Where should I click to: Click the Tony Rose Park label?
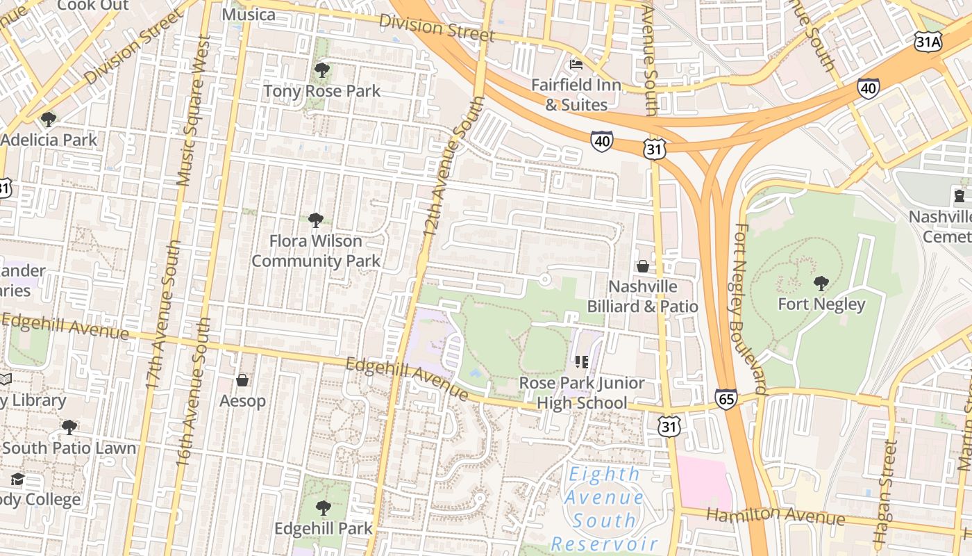coord(321,91)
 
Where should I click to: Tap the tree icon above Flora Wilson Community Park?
coord(316,220)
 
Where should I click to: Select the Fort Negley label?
coord(821,304)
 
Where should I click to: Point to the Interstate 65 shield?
coord(726,399)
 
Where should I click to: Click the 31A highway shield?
coord(928,42)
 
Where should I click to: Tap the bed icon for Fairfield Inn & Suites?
coord(576,65)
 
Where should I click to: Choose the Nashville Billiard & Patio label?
coord(642,297)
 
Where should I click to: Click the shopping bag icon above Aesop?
coord(242,380)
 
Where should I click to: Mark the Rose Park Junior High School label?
coord(582,393)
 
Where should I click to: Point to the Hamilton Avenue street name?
coord(776,516)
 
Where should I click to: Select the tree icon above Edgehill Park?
coord(323,508)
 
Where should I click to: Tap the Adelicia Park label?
coord(49,140)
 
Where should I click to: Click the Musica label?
coord(249,15)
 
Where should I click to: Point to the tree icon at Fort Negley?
coord(821,283)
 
